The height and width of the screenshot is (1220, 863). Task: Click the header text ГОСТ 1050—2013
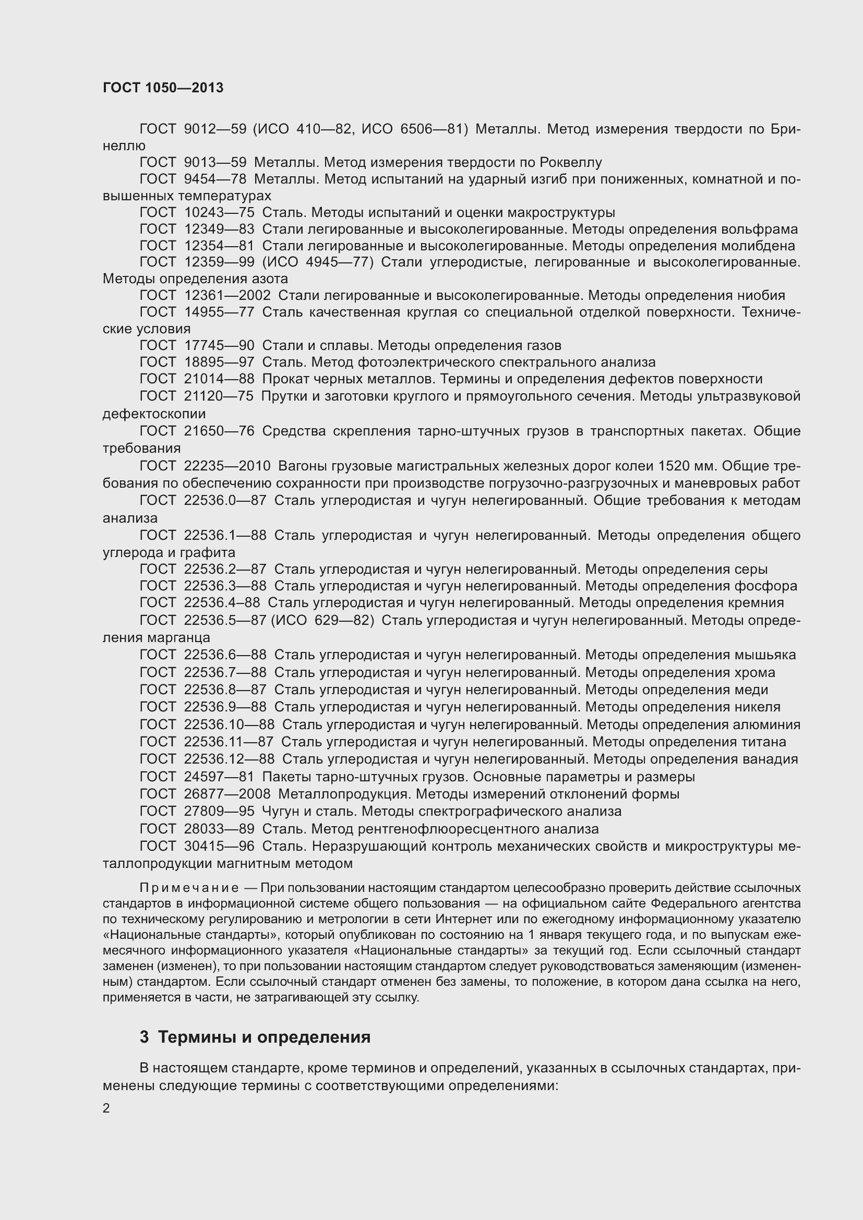coord(163,88)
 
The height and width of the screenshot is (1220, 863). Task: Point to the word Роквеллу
coord(570,162)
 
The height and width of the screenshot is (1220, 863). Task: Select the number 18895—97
coord(219,363)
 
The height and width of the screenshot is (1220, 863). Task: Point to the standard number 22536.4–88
coord(222,602)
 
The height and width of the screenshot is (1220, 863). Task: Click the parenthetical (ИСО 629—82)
coord(322,620)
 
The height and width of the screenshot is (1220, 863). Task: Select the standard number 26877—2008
coord(227,794)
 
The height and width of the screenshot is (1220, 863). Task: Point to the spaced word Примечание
coord(189,888)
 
